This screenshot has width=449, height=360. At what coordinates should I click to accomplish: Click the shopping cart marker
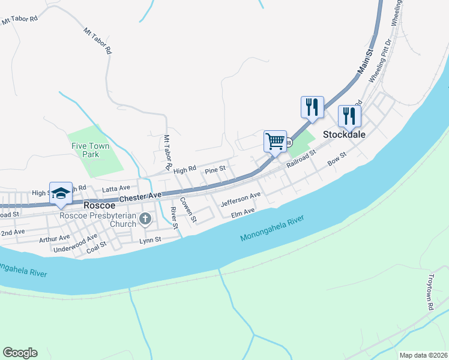coord(275,142)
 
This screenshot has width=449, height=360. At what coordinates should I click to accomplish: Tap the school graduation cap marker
coord(61,193)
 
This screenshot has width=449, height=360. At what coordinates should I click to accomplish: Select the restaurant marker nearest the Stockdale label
coord(349,115)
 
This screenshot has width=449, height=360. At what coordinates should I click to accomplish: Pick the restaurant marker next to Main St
coord(312,107)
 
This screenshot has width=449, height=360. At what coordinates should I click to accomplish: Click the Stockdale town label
coord(345,135)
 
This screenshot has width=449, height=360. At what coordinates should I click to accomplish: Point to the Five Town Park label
coord(89,150)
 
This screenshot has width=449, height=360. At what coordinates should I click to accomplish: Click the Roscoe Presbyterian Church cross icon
coord(145,220)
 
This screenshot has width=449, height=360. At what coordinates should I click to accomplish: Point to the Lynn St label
coord(150,240)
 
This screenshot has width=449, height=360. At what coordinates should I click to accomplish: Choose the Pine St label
coord(214,170)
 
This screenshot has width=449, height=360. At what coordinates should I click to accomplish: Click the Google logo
coord(20,353)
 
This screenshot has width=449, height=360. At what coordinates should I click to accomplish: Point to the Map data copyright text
coord(423,355)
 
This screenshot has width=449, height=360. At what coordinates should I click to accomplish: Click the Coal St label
coord(95,245)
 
